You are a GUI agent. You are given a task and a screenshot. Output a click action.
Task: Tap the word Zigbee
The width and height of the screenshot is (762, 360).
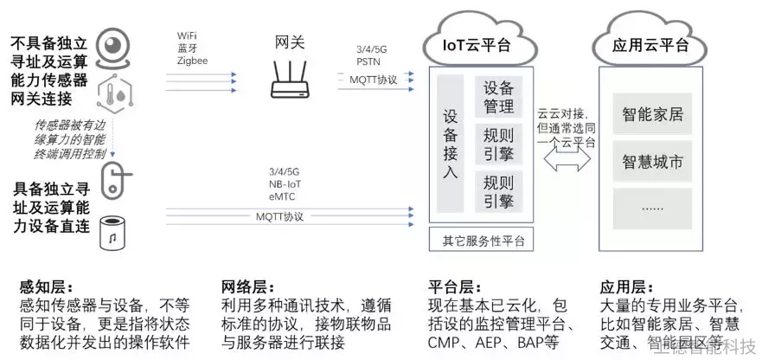(192, 61)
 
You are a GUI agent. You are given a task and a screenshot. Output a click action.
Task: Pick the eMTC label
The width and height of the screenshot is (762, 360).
(283, 197)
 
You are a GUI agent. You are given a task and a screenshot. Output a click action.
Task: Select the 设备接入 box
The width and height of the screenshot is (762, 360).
(451, 143)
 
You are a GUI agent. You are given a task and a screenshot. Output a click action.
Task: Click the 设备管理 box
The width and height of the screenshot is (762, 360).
(498, 98)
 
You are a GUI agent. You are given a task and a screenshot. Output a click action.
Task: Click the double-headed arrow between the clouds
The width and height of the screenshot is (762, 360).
(566, 158)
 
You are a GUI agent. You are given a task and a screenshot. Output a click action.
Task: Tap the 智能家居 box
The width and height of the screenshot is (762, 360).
(653, 113)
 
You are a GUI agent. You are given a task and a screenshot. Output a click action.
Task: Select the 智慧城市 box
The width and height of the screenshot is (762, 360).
(653, 162)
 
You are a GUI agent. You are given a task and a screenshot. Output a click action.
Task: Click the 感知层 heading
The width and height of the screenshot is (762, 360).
(44, 286)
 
